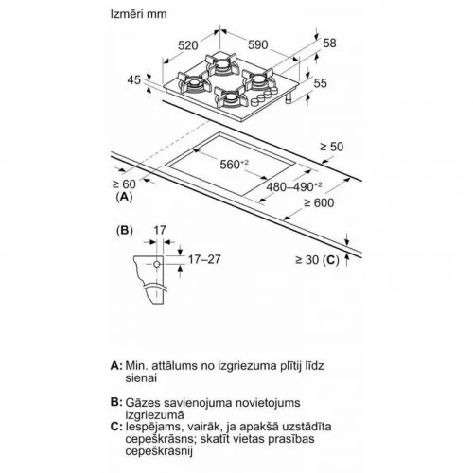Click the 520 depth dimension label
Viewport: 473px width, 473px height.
point(188,45)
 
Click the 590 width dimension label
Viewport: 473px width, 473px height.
point(258,44)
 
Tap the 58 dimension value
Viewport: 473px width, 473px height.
point(329,43)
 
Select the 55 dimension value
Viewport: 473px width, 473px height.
point(321,83)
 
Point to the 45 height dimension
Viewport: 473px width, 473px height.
point(134,79)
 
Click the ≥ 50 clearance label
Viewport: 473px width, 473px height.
point(331,147)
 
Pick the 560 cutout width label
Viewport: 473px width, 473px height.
point(235,164)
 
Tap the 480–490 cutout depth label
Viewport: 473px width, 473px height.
point(294,186)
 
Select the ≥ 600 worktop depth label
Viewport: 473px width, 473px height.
point(319,202)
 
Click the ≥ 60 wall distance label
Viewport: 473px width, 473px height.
point(124,184)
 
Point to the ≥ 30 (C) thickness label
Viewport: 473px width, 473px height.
point(317,260)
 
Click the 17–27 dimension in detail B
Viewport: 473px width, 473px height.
point(204,259)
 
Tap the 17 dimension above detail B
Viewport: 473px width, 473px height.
point(160,230)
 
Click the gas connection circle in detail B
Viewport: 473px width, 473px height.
point(157,264)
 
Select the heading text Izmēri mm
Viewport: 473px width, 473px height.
point(138,14)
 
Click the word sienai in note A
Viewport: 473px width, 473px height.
point(141,377)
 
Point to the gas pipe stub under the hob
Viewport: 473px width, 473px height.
point(289,98)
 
